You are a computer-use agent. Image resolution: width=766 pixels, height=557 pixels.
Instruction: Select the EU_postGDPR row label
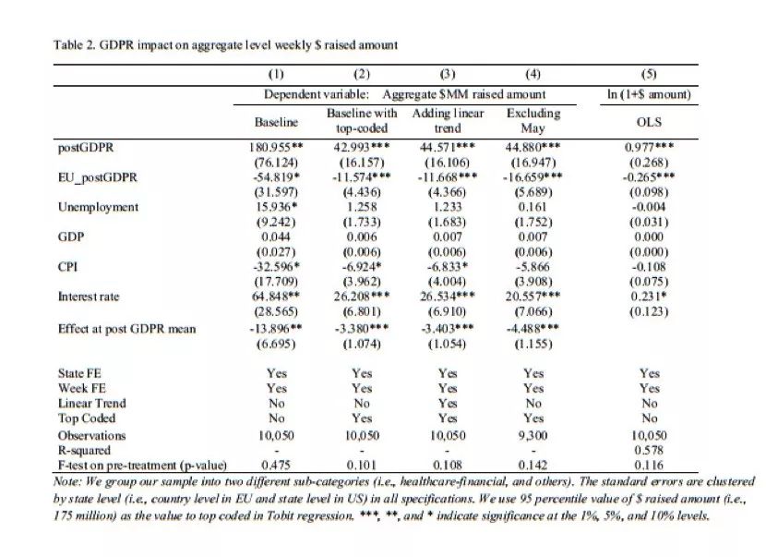coord(98,177)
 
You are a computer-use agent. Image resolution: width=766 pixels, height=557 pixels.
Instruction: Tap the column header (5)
coord(649,74)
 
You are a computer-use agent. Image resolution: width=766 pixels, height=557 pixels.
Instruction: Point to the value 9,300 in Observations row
coord(533,435)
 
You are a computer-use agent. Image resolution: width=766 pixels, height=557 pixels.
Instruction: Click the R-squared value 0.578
coord(649,450)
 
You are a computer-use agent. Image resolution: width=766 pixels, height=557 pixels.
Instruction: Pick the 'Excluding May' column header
coord(533,121)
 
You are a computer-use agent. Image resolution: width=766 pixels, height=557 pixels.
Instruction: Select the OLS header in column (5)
coord(649,122)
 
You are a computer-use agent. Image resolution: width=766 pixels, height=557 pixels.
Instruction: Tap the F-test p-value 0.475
coord(276,465)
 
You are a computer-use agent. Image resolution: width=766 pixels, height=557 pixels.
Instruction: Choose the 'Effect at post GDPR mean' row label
coord(127,329)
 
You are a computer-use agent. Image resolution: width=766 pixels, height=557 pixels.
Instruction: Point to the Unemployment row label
coord(98,207)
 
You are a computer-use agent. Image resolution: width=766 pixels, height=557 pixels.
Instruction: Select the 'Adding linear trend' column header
coord(448,121)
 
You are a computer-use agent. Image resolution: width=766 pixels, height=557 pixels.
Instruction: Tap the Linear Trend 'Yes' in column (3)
coord(448,404)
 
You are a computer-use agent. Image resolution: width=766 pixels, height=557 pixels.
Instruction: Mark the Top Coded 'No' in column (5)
coord(649,418)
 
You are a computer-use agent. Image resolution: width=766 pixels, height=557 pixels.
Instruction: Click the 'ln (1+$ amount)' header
coord(649,94)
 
